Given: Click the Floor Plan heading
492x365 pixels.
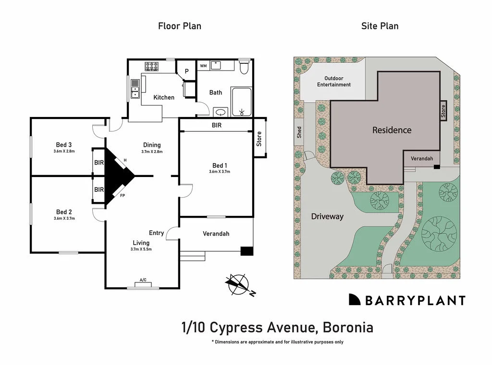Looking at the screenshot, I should pos(179,26).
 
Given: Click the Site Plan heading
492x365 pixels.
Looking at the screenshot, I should pos(380,26).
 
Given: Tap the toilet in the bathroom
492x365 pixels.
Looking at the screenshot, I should pos(244,67).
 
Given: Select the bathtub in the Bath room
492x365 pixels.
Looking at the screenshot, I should pos(241,102).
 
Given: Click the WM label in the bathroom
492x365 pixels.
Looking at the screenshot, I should pos(203,66).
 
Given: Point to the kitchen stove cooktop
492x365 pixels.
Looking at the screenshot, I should pos(152,67).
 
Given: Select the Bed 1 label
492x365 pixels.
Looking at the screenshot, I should pos(220,165).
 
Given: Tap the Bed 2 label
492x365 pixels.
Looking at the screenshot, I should pos(64,212).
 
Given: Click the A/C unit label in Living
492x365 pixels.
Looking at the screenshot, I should pos(143,280).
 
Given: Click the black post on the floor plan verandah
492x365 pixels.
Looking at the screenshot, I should pos(246,251).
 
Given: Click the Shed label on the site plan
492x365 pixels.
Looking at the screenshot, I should pos(299,132).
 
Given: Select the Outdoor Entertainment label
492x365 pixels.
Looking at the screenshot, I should pos(334,82).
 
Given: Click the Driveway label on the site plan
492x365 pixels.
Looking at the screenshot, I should pos(327,216).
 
